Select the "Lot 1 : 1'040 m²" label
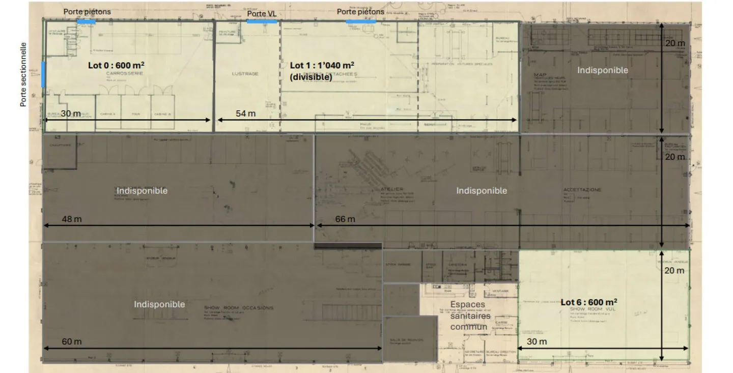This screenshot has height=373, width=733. click(322, 66)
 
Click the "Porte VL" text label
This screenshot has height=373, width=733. click(262, 14)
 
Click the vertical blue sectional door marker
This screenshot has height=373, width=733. click(43, 74)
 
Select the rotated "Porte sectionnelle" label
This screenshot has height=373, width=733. click(23, 74)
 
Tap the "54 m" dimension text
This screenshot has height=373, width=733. click(245, 113)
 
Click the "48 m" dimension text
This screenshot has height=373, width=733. click(71, 219)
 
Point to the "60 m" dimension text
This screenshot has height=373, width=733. click(71, 341)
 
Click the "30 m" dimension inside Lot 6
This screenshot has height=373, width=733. click(537, 341)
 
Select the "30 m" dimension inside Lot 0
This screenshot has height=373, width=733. click(71, 113)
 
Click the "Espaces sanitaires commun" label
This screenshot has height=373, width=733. click(470, 315)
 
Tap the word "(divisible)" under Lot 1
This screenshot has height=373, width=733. click(311, 77)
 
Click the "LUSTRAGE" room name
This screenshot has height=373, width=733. click(245, 74)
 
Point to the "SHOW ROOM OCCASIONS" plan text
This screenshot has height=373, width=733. click(239, 308)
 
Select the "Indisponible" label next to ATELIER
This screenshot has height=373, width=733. click(481, 190)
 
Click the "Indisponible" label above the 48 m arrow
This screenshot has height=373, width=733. click(142, 190)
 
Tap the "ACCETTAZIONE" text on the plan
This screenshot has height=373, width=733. click(582, 190)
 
